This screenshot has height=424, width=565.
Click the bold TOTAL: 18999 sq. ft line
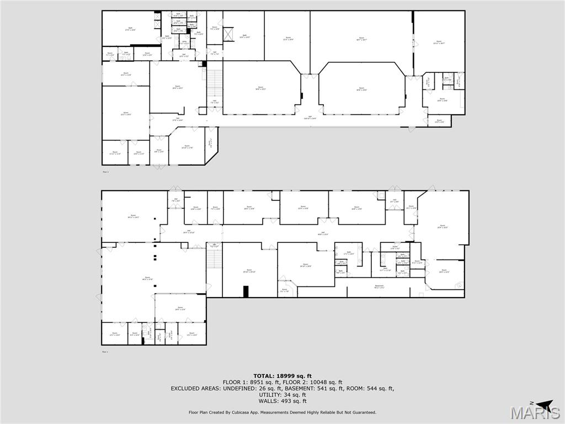tap(282, 375)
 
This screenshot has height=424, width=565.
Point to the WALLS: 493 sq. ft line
tap(282, 401)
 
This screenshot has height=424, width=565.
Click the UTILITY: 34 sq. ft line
tap(282, 395)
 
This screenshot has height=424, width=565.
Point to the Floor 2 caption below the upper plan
tap(105, 172)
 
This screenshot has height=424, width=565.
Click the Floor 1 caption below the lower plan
tap(105, 352)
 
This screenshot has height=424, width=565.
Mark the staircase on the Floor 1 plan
tap(215, 259)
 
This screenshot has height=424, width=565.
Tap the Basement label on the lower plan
tap(379, 286)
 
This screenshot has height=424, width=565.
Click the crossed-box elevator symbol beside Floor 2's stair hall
tap(227, 34)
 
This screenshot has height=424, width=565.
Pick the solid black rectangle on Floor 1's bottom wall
tap(246, 291)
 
